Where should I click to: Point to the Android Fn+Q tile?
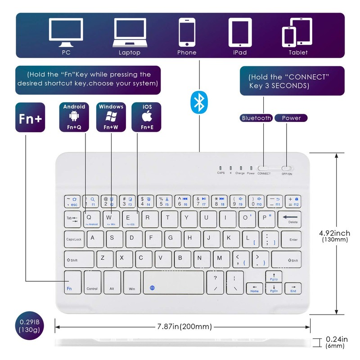[x=74, y=117]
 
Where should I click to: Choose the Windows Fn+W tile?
[x=111, y=117]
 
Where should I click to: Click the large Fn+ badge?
[x=30, y=117]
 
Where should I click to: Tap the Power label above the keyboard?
[x=291, y=118]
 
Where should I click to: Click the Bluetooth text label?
[x=256, y=118]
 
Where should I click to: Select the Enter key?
[x=293, y=240]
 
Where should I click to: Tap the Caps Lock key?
[x=73, y=240]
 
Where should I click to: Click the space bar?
[x=174, y=283]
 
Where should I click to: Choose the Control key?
[x=92, y=283]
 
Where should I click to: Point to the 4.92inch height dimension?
[x=334, y=236]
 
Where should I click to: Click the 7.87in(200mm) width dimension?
[x=184, y=327]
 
